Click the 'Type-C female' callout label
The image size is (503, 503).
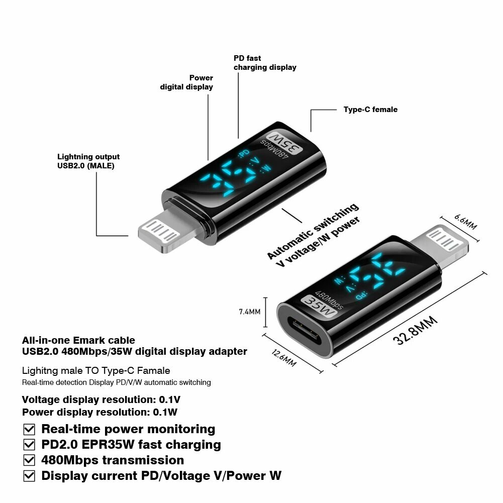pos(370,110)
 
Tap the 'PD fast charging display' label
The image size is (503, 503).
pos(265,63)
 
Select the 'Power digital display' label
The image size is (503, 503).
pos(186,82)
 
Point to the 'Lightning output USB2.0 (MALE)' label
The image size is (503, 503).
pos(88,161)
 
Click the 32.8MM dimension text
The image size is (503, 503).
pos(415,330)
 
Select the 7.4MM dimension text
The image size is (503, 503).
pos(249,312)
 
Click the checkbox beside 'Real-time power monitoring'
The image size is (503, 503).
pos(30,430)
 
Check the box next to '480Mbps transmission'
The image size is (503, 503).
pos(30,460)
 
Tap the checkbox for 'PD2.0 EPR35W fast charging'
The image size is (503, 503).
pos(30,445)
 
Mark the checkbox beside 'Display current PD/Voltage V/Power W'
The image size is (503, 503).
pos(30,476)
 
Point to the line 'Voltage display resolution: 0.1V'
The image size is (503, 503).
pos(101,400)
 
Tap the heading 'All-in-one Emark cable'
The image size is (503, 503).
pos(78,340)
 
